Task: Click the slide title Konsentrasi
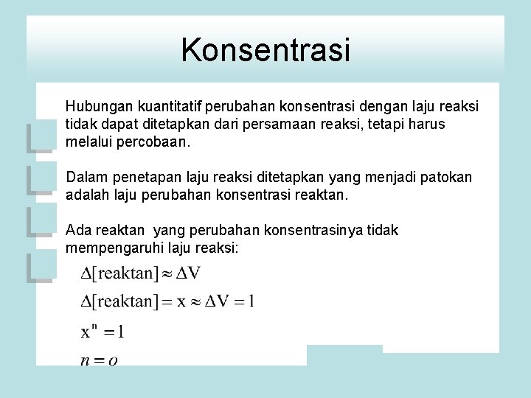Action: [265, 51]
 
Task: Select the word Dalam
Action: [85, 178]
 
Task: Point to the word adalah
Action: [86, 195]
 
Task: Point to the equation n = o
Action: [100, 360]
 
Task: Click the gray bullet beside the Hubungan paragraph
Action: [41, 137]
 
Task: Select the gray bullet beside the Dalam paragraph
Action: [41, 181]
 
